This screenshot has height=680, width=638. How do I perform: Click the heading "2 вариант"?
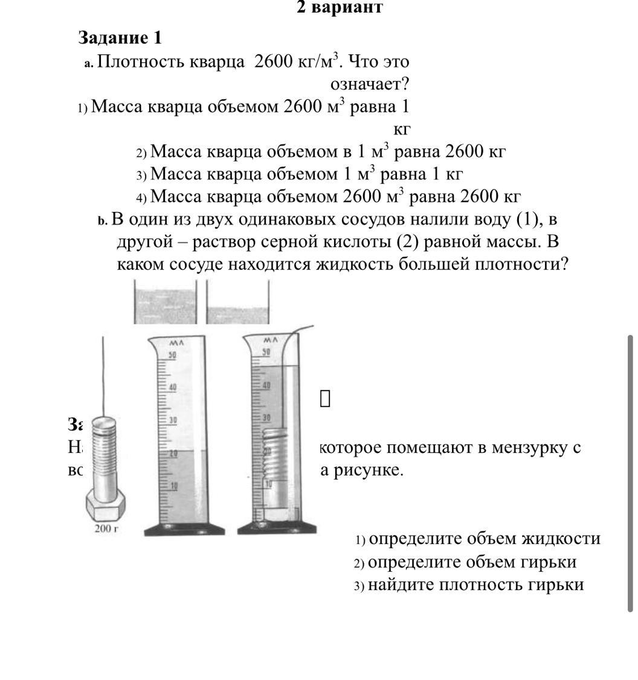(340, 8)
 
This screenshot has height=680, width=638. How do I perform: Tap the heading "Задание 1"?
(120, 38)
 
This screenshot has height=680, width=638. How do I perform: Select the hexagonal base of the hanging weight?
(106, 504)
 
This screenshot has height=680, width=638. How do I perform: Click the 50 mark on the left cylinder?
(172, 355)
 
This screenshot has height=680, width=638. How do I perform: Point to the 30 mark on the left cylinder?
(172, 420)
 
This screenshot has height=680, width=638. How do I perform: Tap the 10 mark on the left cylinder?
(172, 486)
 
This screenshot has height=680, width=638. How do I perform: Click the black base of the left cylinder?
(184, 530)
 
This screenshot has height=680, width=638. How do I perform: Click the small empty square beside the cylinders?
(325, 398)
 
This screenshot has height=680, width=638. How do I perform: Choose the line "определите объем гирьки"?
(472, 562)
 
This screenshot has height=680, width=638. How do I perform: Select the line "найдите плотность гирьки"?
(475, 585)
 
